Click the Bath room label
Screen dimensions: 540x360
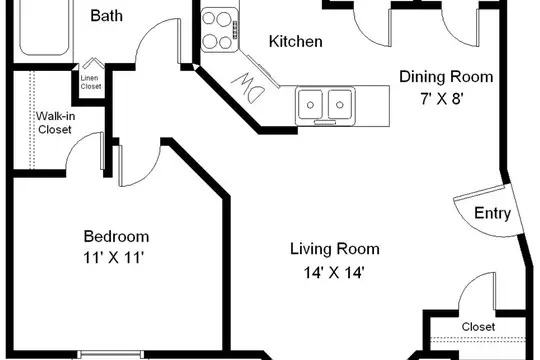tap(106, 16)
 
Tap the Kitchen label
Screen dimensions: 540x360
tap(295, 41)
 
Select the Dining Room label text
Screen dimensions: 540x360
tap(446, 76)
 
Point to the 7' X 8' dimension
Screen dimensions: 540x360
tap(440, 99)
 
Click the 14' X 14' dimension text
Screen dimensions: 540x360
tap(334, 273)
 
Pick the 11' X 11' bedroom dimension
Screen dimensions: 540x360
tap(113, 257)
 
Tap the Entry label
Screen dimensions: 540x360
tap(492, 213)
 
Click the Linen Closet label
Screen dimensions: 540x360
tap(91, 82)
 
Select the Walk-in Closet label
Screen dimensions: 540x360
tap(55, 123)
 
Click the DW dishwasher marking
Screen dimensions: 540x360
tap(248, 87)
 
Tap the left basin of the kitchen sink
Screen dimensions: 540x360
tap(310, 104)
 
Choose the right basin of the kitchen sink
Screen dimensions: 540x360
tap(340, 104)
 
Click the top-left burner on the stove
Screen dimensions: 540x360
tap(209, 18)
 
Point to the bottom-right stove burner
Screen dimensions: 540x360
tap(225, 43)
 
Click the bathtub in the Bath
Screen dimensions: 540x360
tap(44, 28)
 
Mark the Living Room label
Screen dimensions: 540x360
tap(335, 249)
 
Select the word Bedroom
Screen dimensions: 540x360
tap(116, 237)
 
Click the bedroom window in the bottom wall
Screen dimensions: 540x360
tap(111, 354)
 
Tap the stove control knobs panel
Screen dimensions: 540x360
tap(235, 30)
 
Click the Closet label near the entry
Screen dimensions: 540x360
tap(478, 327)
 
